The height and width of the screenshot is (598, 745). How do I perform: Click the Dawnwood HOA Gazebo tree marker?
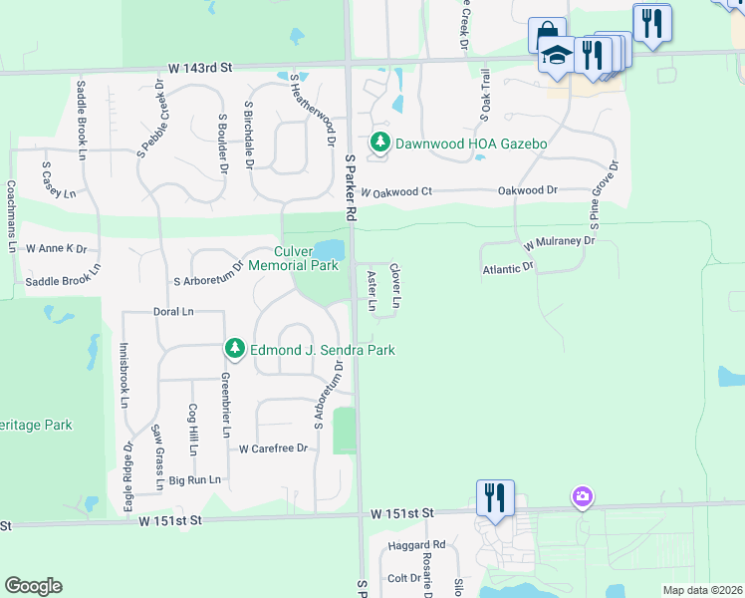[379, 144]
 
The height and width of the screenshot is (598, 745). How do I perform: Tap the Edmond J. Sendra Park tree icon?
[234, 350]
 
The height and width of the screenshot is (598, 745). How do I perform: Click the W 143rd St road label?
[199, 68]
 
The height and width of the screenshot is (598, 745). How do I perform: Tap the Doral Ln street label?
[173, 312]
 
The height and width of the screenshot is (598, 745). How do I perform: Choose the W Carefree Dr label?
[274, 448]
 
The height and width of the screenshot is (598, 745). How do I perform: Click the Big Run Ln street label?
[194, 480]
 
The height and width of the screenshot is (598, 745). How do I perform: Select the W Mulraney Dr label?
[559, 242]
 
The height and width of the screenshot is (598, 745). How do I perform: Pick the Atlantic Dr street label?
[508, 268]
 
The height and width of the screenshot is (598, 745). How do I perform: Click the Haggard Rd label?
[418, 545]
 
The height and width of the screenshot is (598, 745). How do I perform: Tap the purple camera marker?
[583, 495]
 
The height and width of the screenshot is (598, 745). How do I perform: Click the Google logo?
[33, 586]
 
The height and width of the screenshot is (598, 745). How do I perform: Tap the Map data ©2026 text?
[702, 590]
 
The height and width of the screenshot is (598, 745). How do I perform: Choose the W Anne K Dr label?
[57, 248]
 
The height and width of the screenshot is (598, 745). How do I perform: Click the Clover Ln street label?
[395, 285]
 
